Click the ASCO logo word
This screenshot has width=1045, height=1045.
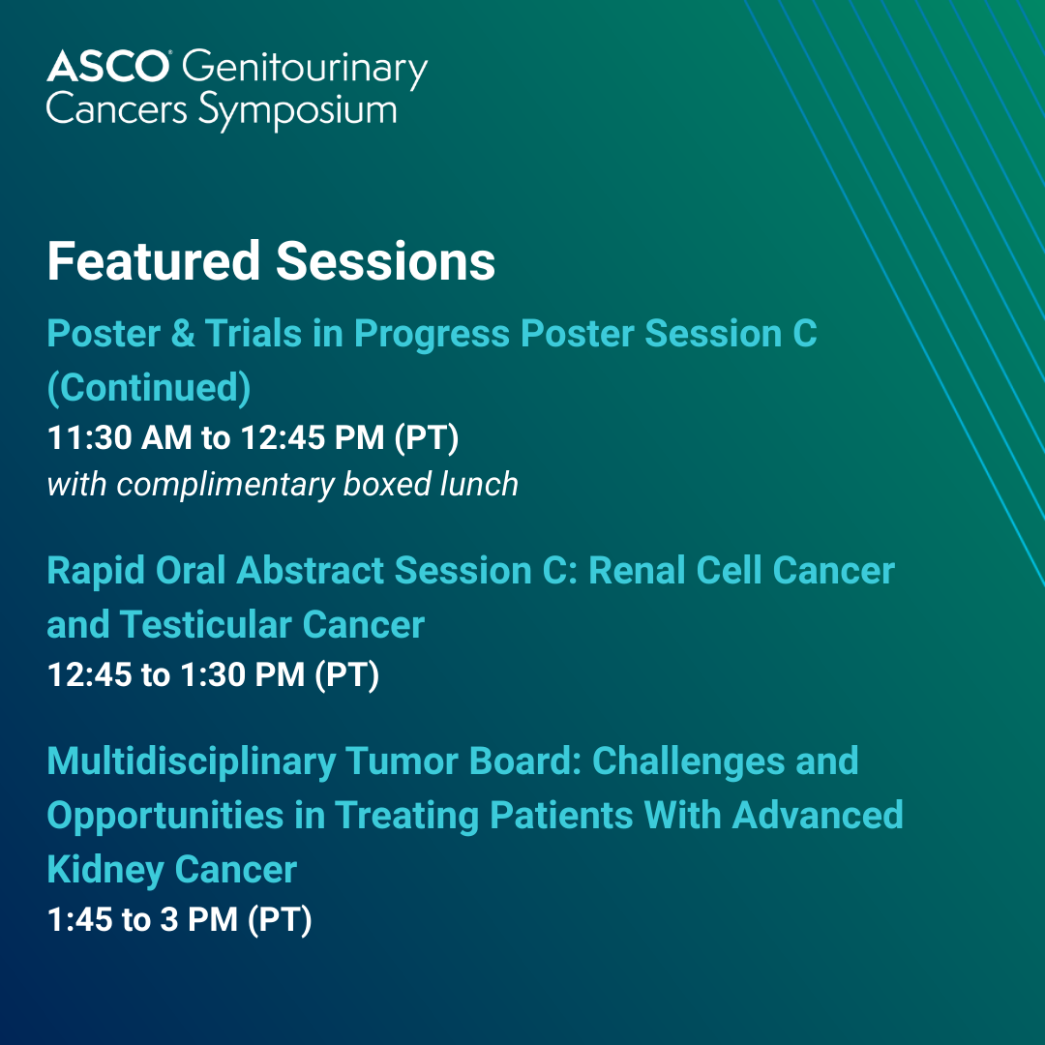(x=108, y=67)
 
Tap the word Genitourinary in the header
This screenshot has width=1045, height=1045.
(x=305, y=70)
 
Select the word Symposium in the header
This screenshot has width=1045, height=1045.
(x=297, y=111)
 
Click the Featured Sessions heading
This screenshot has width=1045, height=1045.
(x=271, y=260)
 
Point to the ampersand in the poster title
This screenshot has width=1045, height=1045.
(x=183, y=333)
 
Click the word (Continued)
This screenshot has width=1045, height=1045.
(x=149, y=387)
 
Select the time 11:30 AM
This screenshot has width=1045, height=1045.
(x=120, y=438)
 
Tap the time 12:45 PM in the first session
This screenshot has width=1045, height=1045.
(x=313, y=438)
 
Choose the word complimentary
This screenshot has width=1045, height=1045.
(x=225, y=485)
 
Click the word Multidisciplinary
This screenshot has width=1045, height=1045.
(x=192, y=761)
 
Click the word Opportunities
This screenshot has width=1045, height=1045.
(x=165, y=817)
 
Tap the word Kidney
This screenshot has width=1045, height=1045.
(x=105, y=871)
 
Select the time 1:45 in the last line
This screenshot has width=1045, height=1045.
(x=79, y=920)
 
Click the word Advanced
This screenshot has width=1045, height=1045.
(x=818, y=815)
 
